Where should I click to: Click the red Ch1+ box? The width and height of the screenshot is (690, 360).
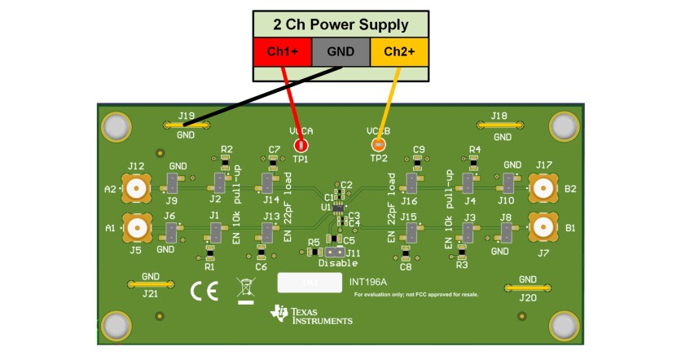tap(282, 52)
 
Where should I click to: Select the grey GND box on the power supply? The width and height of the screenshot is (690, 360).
tap(341, 52)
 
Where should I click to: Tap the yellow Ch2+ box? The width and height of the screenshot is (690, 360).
tap(399, 52)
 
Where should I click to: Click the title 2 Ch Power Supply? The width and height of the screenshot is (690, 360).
tap(341, 24)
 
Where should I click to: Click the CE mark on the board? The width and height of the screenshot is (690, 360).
tap(204, 291)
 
